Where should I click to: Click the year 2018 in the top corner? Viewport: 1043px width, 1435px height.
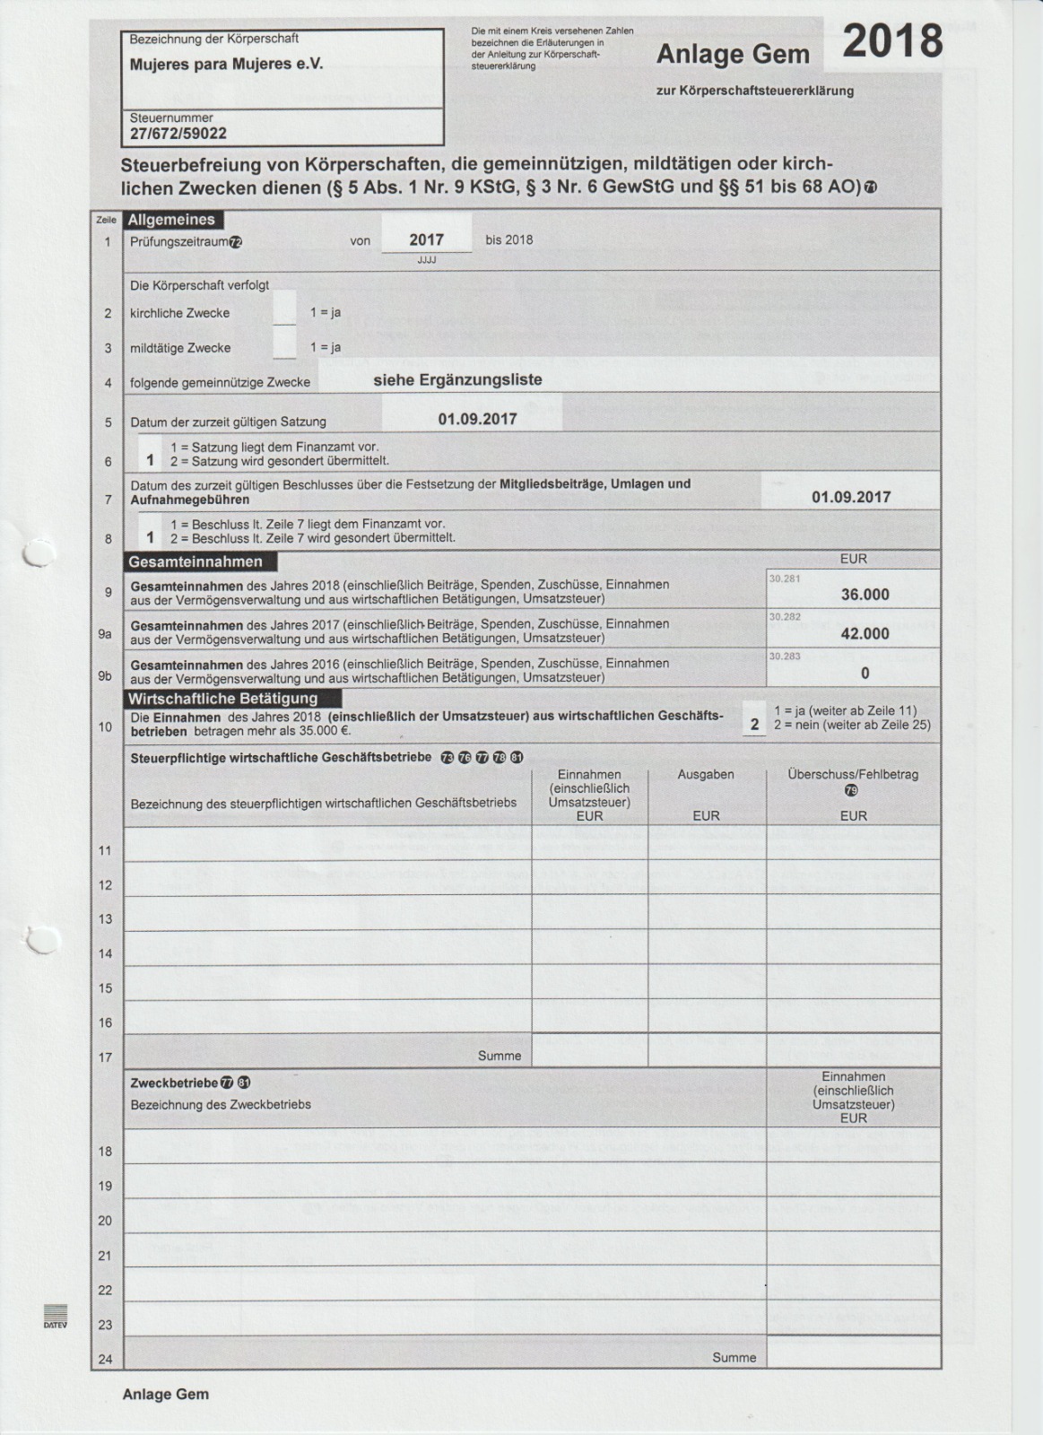point(892,42)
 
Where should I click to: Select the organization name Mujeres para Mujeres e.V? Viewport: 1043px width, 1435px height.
point(226,65)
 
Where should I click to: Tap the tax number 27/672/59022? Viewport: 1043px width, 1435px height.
point(178,134)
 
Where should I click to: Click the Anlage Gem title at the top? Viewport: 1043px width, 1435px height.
point(733,56)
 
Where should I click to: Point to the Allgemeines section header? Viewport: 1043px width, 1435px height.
point(172,220)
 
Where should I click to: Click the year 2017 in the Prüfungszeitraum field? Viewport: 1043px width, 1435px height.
point(426,239)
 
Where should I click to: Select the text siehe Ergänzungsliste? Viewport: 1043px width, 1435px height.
point(457,379)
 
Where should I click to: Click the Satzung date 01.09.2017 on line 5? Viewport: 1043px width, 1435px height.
point(477,419)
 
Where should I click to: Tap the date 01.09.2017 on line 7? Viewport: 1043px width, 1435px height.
point(851,497)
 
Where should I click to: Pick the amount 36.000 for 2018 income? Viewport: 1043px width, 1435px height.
point(865,595)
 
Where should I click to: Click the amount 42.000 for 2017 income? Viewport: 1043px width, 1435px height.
point(865,633)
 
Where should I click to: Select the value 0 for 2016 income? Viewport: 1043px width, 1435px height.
point(865,673)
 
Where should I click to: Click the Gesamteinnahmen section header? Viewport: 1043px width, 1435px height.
point(196,562)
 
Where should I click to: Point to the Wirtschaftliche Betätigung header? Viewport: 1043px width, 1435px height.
point(222,699)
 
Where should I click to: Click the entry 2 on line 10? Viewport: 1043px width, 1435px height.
point(754,725)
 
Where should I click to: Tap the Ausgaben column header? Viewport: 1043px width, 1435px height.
point(706,774)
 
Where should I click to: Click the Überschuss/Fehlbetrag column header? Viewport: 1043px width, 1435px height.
point(853,774)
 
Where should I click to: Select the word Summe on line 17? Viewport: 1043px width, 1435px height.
point(500,1056)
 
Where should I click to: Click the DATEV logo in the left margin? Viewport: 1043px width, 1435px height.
point(56,1316)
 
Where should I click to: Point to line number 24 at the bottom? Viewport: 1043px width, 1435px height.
point(105,1359)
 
